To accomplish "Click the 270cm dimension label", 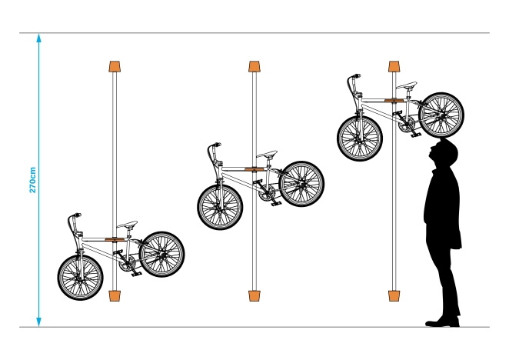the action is click(x=32, y=180).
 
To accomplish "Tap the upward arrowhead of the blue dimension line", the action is click(x=39, y=38).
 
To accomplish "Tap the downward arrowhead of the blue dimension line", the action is click(x=39, y=322).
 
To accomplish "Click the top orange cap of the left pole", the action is click(x=115, y=66).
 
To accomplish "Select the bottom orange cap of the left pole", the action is click(x=115, y=295).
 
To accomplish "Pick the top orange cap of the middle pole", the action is click(x=254, y=66).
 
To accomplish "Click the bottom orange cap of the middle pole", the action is click(x=254, y=295).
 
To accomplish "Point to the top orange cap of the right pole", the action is click(x=394, y=66).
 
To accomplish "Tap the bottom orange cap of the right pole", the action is click(x=394, y=295).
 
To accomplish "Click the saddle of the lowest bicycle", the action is click(x=128, y=224).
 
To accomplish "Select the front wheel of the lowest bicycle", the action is click(x=80, y=278).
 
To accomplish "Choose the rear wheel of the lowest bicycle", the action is click(x=161, y=254).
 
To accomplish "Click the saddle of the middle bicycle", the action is click(x=267, y=154).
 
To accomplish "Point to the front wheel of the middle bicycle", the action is click(x=220, y=207).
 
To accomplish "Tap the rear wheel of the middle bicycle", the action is click(x=301, y=184).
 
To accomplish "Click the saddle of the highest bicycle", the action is click(x=407, y=85).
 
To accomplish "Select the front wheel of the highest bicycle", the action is click(x=360, y=138).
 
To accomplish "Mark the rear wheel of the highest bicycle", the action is click(x=441, y=115).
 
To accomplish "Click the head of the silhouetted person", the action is click(x=444, y=153).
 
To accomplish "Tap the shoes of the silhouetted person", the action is click(x=442, y=322).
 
